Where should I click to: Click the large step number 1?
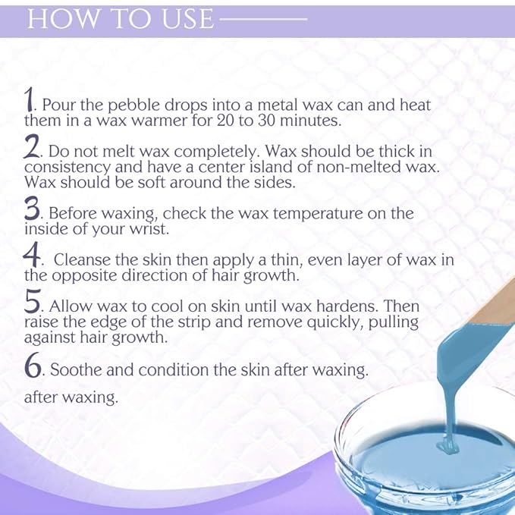[30, 99]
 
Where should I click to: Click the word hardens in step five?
[342, 309]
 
